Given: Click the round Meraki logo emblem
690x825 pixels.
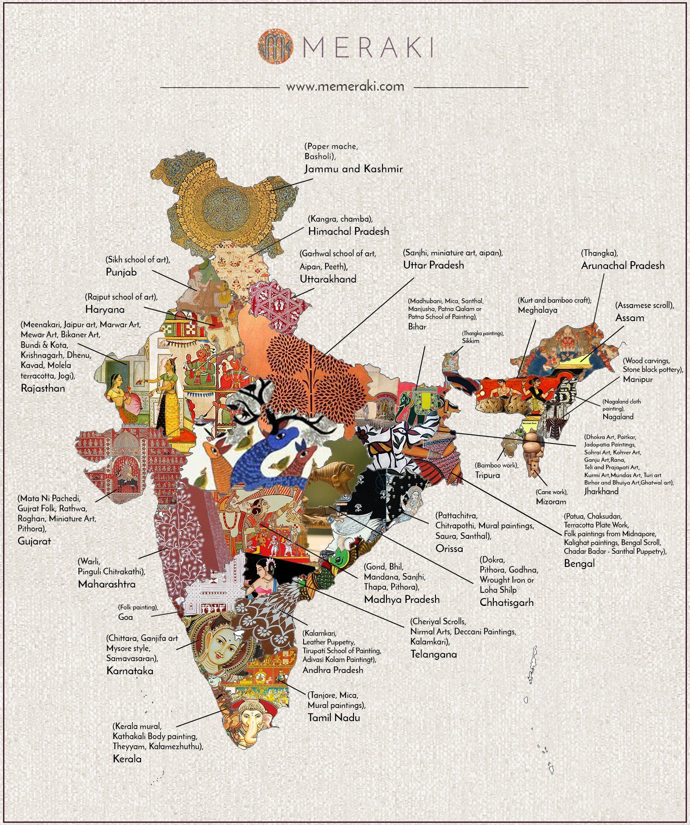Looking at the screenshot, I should click(x=275, y=46).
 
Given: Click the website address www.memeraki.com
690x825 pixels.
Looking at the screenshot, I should click(x=345, y=86).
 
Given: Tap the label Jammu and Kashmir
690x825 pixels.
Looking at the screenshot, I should click(x=353, y=169).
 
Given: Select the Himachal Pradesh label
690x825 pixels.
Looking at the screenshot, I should click(x=348, y=231).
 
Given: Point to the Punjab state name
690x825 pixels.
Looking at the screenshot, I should click(x=121, y=272).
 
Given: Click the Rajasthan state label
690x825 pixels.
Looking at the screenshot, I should click(x=43, y=388).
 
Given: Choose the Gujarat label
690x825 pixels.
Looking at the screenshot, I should click(x=34, y=541).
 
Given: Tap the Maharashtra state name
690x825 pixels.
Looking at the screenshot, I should click(x=107, y=584).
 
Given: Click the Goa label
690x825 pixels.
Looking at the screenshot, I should click(x=125, y=617).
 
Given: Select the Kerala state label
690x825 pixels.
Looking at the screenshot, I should click(x=127, y=759).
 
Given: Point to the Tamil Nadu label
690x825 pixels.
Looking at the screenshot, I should click(x=334, y=718).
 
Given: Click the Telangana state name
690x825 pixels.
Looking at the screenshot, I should click(x=433, y=654).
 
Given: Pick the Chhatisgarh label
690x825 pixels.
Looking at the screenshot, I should click(x=506, y=602).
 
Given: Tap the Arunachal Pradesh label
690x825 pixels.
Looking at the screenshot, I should click(x=623, y=266).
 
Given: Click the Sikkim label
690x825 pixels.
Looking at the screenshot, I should click(x=471, y=341).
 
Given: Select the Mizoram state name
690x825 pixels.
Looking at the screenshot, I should click(x=551, y=502).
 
